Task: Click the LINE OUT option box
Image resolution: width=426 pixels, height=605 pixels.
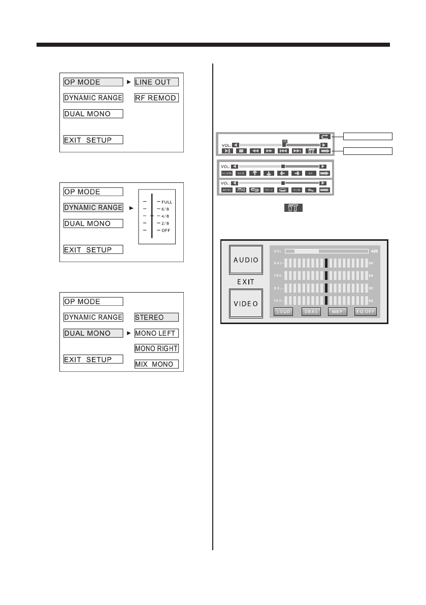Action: pyautogui.click(x=156, y=82)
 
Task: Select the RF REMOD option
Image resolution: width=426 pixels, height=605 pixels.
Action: pyautogui.click(x=156, y=98)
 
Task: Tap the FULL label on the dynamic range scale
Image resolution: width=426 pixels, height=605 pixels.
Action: pyautogui.click(x=167, y=202)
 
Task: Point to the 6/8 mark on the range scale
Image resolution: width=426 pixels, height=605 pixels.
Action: pyautogui.click(x=166, y=209)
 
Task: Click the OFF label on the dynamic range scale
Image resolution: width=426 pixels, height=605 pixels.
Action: pyautogui.click(x=166, y=230)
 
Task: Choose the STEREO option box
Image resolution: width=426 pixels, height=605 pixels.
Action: pyautogui.click(x=156, y=317)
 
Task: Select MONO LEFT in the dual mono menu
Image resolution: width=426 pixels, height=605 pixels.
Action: pyautogui.click(x=156, y=333)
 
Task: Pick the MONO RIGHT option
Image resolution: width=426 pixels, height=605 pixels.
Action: pyautogui.click(x=156, y=348)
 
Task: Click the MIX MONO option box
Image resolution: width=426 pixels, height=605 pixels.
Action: pyautogui.click(x=156, y=364)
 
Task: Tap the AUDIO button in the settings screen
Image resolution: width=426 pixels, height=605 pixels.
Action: pyautogui.click(x=246, y=260)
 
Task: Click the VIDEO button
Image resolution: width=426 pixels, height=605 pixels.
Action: pyautogui.click(x=246, y=303)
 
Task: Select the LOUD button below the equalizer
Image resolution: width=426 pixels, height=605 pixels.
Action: pyautogui.click(x=284, y=311)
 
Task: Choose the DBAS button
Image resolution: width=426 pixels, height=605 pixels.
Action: pyautogui.click(x=311, y=311)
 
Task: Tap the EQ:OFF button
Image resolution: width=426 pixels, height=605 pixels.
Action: pyautogui.click(x=366, y=311)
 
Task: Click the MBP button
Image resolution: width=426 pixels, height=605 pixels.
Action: pyautogui.click(x=338, y=311)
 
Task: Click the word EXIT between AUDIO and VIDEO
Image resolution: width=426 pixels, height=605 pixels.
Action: pyautogui.click(x=246, y=281)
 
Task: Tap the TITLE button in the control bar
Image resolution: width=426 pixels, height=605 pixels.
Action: pyautogui.click(x=269, y=190)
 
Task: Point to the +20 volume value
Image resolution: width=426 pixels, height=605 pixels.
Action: pyautogui.click(x=374, y=251)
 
